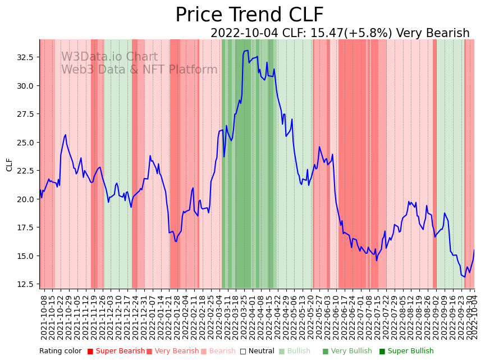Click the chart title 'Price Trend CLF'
coord(249,15)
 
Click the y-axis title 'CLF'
coord(10,165)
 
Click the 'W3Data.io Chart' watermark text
coord(109,57)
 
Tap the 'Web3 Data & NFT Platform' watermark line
coord(139,70)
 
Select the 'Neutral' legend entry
coord(258,351)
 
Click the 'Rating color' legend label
coord(60,351)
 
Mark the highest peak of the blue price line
coord(247,50)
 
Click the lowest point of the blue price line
coord(464,276)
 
